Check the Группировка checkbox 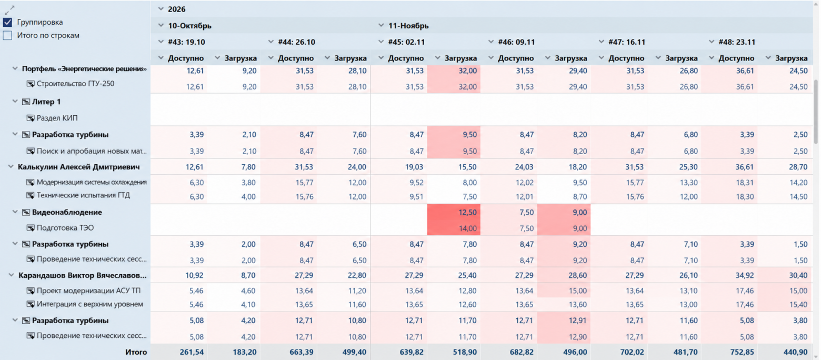7,22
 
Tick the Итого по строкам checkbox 7,36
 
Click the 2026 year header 176,9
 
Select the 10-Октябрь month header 189,26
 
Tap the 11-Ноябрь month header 408,26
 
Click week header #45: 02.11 406,42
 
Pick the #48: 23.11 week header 737,42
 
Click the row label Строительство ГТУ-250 75,84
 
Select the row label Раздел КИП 57,118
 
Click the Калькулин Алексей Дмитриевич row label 79,167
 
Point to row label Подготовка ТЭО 65,228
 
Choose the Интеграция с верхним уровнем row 90,304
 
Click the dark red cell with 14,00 454,228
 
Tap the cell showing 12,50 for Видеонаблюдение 454,212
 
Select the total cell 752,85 742,352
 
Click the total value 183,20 245,352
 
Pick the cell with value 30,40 798,275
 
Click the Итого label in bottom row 136,352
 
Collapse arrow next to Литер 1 15,102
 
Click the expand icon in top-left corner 9,10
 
